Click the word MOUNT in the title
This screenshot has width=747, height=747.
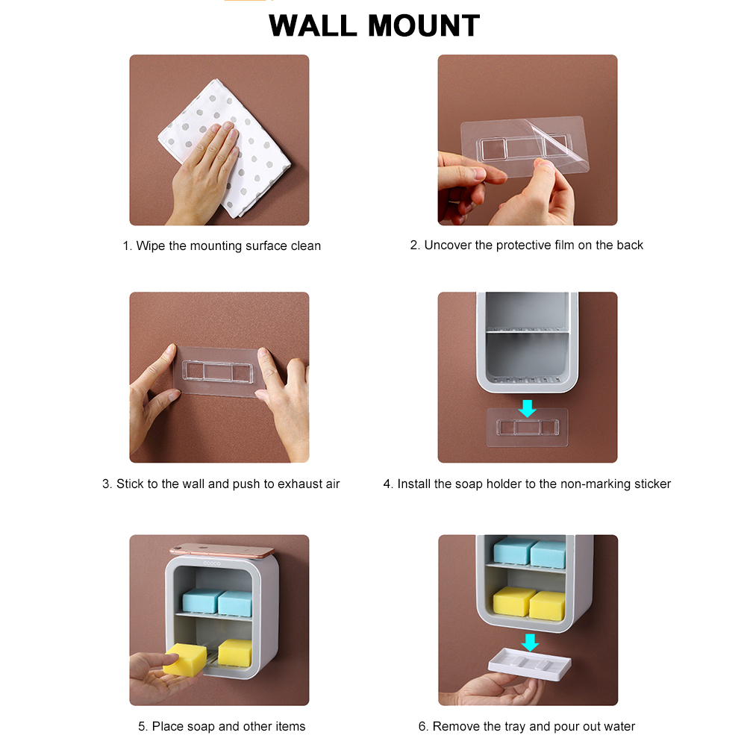pos(424,25)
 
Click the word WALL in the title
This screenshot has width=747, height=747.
pos(313,25)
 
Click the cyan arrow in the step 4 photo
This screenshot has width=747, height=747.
pos(528,408)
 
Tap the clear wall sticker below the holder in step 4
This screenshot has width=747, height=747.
pos(528,428)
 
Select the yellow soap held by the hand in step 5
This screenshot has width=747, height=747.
pos(185,659)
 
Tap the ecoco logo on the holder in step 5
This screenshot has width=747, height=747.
pos(212,563)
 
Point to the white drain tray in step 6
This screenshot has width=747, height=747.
pos(530,664)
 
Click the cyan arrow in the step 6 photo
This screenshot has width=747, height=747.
pos(531,643)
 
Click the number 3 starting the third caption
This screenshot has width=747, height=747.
pos(106,484)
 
